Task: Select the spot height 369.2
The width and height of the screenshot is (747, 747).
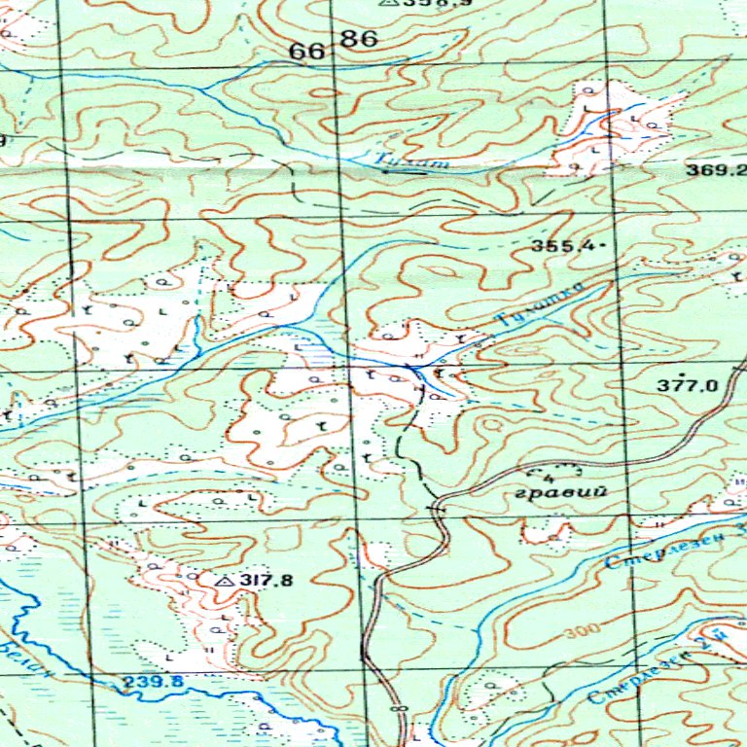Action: (x=707, y=169)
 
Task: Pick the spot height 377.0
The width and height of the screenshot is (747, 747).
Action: (x=687, y=385)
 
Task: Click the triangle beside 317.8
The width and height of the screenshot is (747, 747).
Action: (x=225, y=582)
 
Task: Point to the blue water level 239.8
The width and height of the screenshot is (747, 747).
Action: (x=153, y=682)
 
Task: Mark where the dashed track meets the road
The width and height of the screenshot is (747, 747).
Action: (x=435, y=507)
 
